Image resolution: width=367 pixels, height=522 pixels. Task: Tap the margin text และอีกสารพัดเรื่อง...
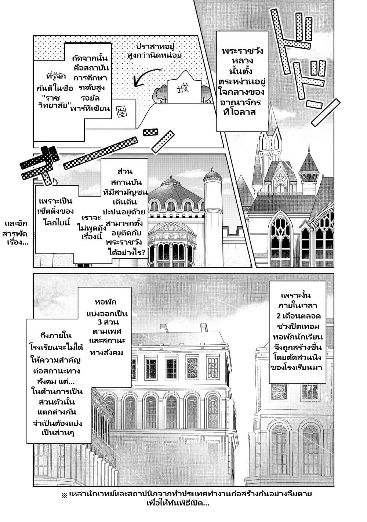click(x=16, y=233)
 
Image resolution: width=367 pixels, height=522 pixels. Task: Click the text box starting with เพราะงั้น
click(x=297, y=332)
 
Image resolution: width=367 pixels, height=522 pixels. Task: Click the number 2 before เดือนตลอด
click(x=278, y=316)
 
